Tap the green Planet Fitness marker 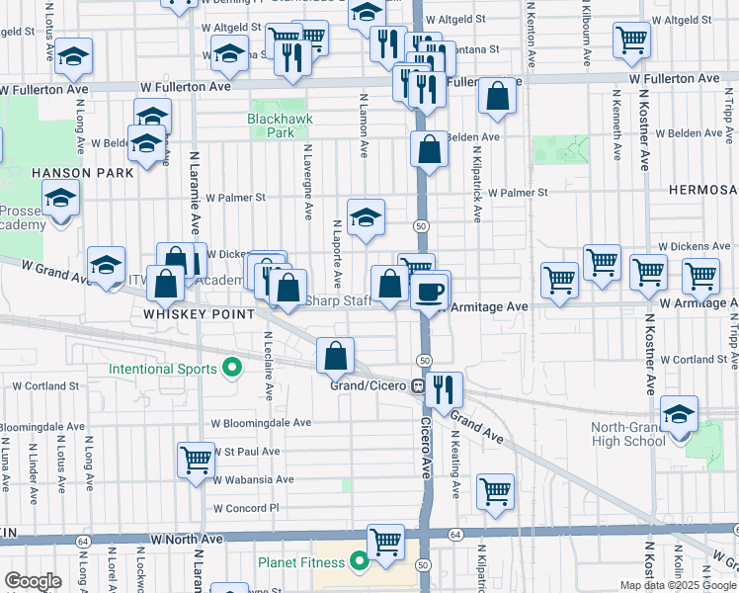click(x=359, y=563)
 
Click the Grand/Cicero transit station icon click(x=418, y=385)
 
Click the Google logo click(x=33, y=580)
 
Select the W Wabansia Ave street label click(x=253, y=479)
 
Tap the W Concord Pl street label click(x=247, y=508)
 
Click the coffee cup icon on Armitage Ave click(x=430, y=290)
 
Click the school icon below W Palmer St click(x=365, y=216)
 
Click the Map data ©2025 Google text click(x=677, y=585)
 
